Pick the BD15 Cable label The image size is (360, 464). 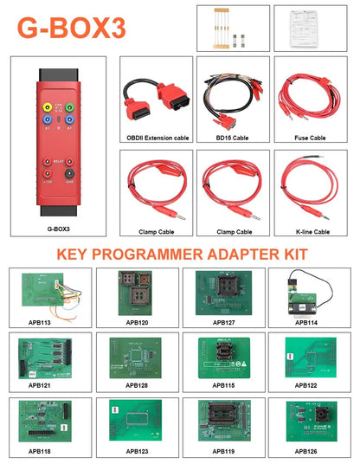pyautogui.click(x=233, y=137)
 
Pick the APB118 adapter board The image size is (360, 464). pyautogui.click(x=48, y=422)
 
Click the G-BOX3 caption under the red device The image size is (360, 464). pyautogui.click(x=58, y=229)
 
